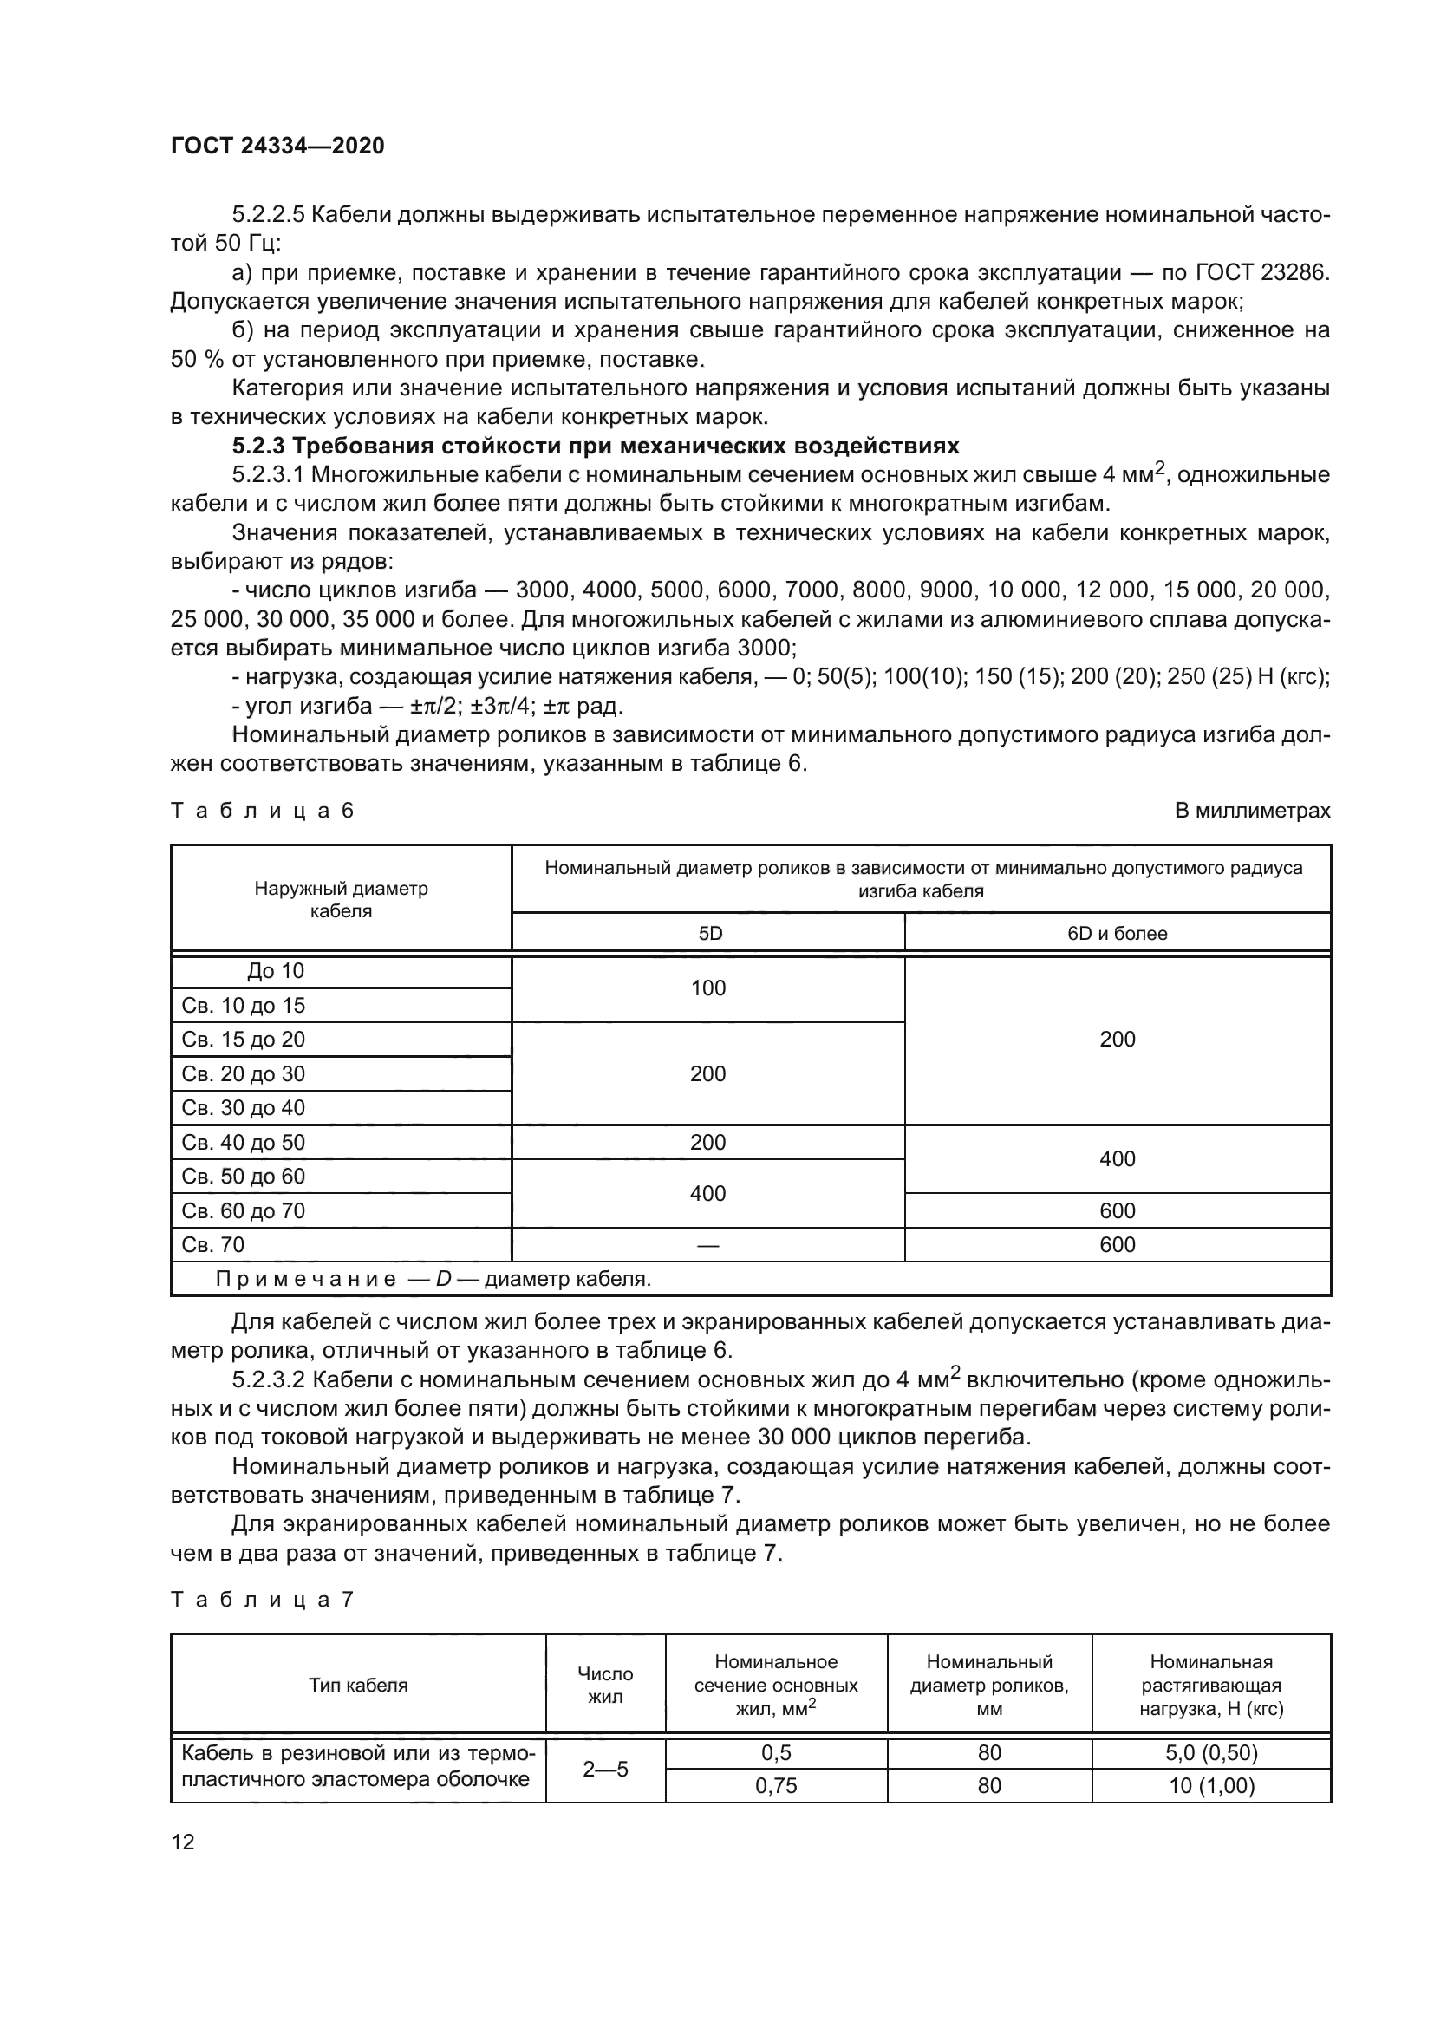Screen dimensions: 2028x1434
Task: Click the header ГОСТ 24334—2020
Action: pyautogui.click(x=277, y=146)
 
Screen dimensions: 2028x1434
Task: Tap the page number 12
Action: pyautogui.click(x=183, y=1842)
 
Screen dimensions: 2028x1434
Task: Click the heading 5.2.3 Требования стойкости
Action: pyautogui.click(x=595, y=445)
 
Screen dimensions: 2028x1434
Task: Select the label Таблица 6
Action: pyautogui.click(x=262, y=810)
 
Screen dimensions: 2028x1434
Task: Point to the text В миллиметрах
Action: pyautogui.click(x=1251, y=810)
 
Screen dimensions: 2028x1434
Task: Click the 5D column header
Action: pyautogui.click(x=709, y=933)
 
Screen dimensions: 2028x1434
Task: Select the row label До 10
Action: pyautogui.click(x=275, y=971)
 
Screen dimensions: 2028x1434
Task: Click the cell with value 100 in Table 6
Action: pyautogui.click(x=707, y=988)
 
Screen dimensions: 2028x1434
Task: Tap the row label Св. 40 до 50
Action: pyautogui.click(x=243, y=1142)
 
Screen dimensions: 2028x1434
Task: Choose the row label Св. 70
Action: pyautogui.click(x=212, y=1244)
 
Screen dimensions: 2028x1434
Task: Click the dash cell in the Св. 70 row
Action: pyautogui.click(x=707, y=1244)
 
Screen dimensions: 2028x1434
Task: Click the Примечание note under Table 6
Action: pyautogui.click(x=433, y=1279)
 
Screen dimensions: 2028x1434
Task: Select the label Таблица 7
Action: pyautogui.click(x=262, y=1600)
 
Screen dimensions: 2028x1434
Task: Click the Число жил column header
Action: pyautogui.click(x=605, y=1685)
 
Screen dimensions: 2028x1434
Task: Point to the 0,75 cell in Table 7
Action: pyautogui.click(x=775, y=1786)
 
